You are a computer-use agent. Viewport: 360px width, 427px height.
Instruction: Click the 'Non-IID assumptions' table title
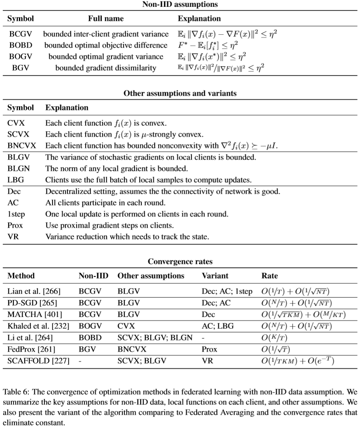coord(180,5)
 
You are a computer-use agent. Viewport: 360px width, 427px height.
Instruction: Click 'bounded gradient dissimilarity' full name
coord(106,68)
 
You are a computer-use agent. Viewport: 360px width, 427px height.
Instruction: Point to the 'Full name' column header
coord(106,19)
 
